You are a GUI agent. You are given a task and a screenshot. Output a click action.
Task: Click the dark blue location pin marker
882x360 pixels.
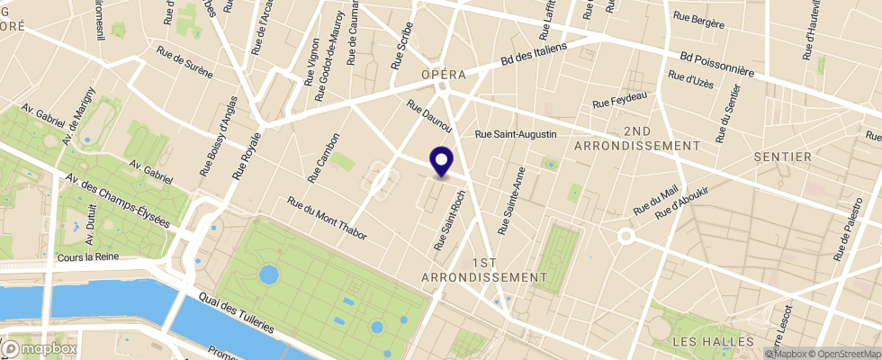click(441, 161)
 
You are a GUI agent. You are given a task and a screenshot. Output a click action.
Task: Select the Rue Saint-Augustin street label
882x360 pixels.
click(517, 134)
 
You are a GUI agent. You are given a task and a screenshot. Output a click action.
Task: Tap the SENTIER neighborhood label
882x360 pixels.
click(783, 157)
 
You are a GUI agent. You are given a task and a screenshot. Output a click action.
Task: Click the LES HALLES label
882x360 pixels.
click(713, 342)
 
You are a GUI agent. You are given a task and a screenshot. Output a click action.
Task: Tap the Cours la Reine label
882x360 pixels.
click(87, 257)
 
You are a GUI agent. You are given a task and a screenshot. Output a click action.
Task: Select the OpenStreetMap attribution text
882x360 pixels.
click(845, 353)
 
